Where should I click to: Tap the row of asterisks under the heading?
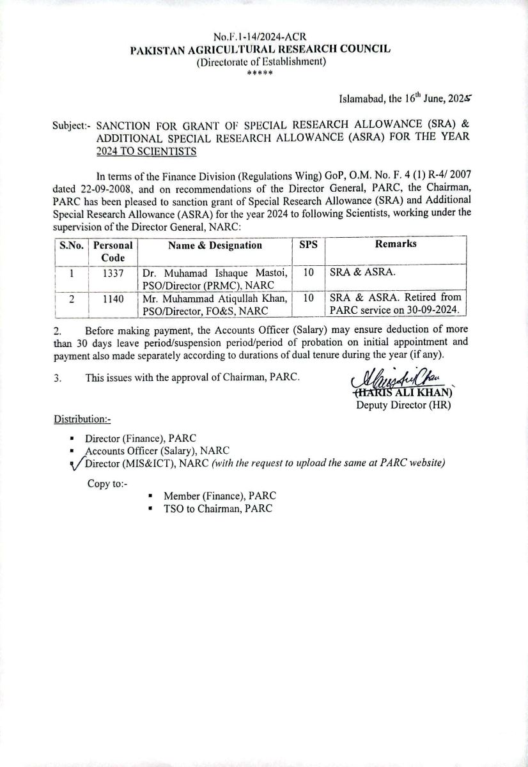pos(260,73)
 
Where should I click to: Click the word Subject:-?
pos(72,127)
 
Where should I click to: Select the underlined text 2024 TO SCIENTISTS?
pos(142,151)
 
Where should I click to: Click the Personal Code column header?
pos(113,251)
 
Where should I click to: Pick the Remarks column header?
pos(396,245)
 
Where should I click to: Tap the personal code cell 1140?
pos(113,298)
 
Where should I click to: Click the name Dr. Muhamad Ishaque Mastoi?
pos(215,273)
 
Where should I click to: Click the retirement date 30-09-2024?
pos(431,310)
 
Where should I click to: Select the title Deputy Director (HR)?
pos(403,405)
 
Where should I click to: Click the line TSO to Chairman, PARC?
pos(218,508)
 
